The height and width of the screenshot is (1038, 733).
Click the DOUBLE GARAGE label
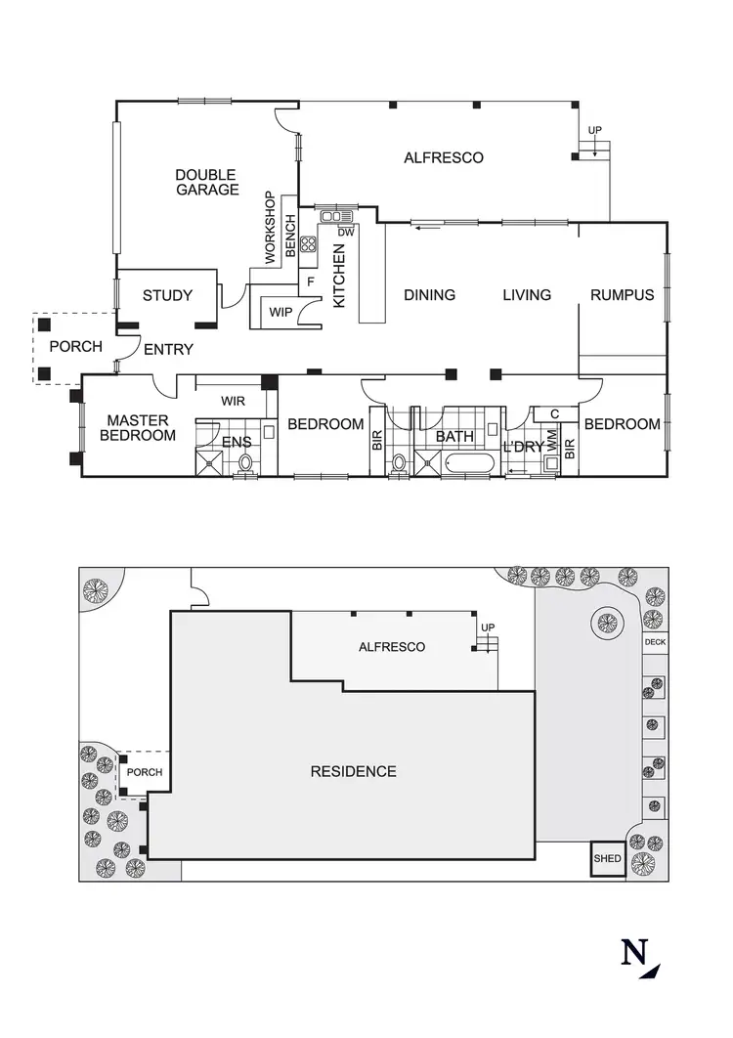pyautogui.click(x=207, y=182)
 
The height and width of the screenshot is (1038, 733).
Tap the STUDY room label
pyautogui.click(x=167, y=295)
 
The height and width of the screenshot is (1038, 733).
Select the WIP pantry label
pyautogui.click(x=280, y=313)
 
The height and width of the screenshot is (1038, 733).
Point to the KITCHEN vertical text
pyautogui.click(x=339, y=277)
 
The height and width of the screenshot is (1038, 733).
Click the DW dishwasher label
pyautogui.click(x=345, y=233)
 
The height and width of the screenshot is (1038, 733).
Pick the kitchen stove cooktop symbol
pyautogui.click(x=309, y=244)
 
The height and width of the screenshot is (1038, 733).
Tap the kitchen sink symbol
pyautogui.click(x=335, y=216)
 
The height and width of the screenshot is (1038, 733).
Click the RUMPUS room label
pyautogui.click(x=622, y=294)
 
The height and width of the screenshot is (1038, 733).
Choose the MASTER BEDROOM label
pyautogui.click(x=138, y=427)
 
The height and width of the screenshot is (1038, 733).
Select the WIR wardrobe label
pyautogui.click(x=233, y=401)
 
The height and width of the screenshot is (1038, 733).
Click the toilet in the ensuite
pyautogui.click(x=245, y=462)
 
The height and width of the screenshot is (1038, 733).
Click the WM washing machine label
pyautogui.click(x=552, y=442)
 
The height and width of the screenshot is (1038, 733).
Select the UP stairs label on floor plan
pyautogui.click(x=594, y=130)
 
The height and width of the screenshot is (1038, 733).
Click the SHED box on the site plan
pyautogui.click(x=607, y=860)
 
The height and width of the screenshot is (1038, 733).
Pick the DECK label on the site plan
pyautogui.click(x=654, y=642)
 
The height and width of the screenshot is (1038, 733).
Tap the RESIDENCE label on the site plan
pyautogui.click(x=353, y=771)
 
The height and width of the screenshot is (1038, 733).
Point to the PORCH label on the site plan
pyautogui.click(x=145, y=772)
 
